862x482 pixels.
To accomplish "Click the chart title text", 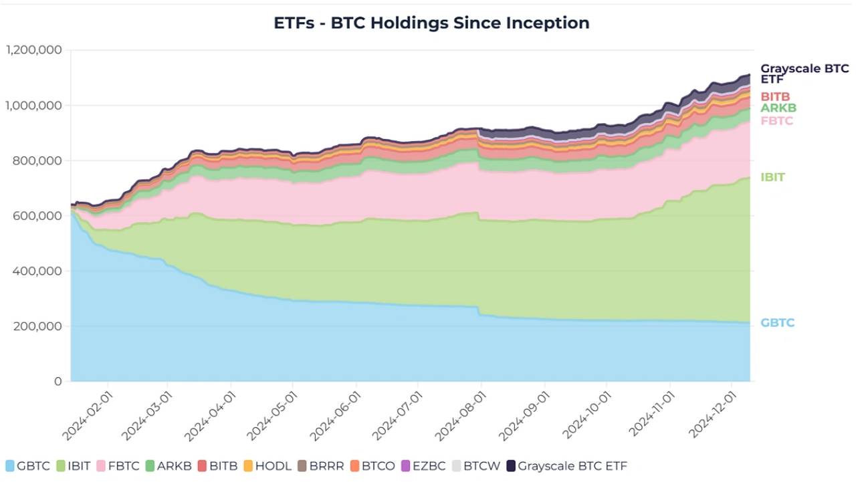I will [x=431, y=23].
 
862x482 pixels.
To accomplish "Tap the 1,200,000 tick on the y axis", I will [x=33, y=50].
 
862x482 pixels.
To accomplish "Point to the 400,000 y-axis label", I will [x=39, y=271].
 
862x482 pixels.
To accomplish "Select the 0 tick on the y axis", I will [x=58, y=382].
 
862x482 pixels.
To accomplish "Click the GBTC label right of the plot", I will [x=777, y=323].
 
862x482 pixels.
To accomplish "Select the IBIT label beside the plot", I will [x=772, y=177].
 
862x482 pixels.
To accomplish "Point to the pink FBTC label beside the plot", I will [x=776, y=121].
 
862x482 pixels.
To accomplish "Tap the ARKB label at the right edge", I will [x=778, y=108].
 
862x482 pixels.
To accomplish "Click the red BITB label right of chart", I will [x=775, y=97].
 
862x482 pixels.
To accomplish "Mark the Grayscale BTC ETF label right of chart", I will [x=804, y=74].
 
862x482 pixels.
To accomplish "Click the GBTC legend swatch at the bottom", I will [x=10, y=466].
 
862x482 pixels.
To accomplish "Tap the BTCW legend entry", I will [x=474, y=466].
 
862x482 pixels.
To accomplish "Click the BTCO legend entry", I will [x=372, y=466].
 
